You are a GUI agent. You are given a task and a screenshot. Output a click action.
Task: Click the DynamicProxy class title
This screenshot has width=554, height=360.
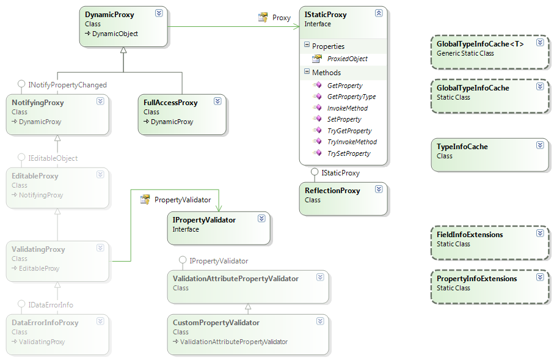109,15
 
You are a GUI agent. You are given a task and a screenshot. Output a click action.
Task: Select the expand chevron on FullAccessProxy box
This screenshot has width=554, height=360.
217,101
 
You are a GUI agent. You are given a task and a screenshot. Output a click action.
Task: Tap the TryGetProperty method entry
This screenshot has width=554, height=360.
349,131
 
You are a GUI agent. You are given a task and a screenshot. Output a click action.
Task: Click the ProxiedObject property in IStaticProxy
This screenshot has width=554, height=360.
348,59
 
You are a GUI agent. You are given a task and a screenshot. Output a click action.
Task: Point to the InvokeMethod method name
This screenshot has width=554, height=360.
348,108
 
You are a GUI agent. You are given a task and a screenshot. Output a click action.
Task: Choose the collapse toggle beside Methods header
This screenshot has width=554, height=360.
307,72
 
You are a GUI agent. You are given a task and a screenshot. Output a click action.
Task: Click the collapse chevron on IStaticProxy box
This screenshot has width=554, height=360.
379,13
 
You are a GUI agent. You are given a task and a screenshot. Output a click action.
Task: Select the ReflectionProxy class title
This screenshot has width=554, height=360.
332,191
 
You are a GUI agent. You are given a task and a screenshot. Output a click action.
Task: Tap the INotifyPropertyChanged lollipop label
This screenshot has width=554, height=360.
67,85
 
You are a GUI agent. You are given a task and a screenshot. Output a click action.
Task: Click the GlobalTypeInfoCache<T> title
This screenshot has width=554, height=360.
480,44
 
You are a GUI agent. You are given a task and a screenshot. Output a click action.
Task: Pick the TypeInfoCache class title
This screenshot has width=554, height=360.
462,147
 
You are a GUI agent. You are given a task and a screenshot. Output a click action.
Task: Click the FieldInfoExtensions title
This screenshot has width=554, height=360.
470,235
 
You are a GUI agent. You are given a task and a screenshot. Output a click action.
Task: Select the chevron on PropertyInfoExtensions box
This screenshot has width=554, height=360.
540,277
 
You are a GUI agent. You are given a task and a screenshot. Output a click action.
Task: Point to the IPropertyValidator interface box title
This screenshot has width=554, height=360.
204,220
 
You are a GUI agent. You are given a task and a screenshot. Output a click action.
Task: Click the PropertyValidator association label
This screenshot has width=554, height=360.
183,200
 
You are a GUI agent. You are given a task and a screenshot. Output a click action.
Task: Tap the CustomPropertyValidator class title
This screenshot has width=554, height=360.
216,323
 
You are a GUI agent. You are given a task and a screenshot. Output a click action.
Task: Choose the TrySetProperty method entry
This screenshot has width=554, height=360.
349,153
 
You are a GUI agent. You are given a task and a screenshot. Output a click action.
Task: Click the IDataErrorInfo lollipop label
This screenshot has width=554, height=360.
51,305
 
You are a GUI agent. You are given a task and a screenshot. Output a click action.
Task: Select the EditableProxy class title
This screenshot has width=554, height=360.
35,176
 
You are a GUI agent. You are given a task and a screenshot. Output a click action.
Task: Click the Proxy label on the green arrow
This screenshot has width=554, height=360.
281,18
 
